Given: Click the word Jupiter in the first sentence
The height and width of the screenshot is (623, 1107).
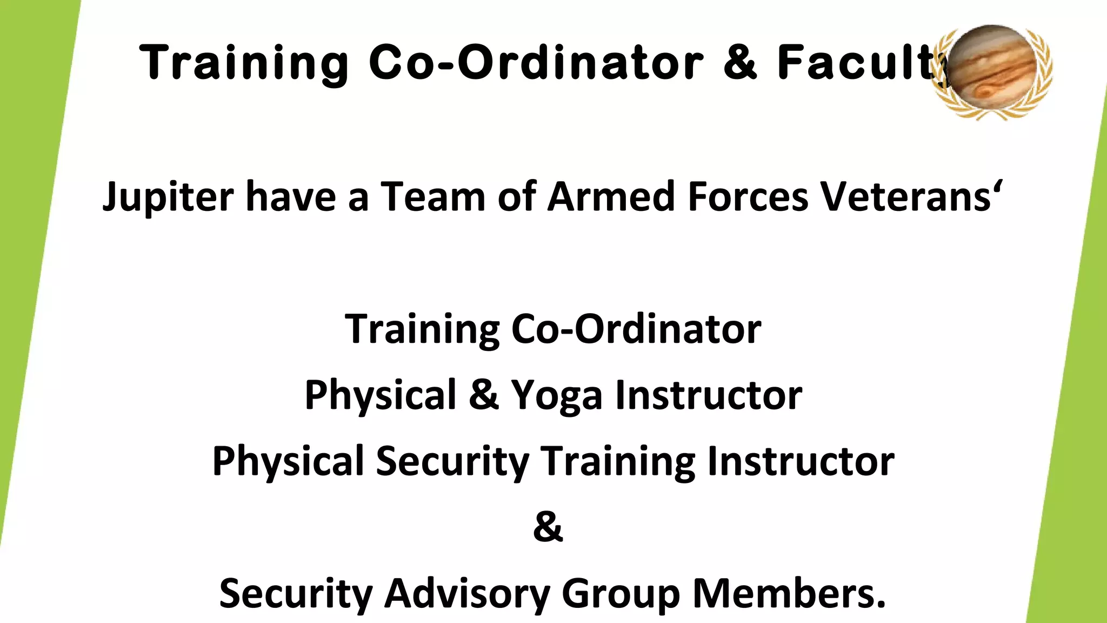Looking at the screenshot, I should tap(168, 197).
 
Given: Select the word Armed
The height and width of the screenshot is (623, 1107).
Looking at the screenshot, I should tap(611, 197).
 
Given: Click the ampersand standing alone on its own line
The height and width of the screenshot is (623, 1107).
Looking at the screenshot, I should tap(548, 527).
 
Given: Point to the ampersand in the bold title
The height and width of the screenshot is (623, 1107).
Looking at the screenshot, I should tap(741, 63).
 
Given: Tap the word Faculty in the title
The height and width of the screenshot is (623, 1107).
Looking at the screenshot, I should tap(859, 63).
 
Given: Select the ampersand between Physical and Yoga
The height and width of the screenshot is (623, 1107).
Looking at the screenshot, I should tap(484, 395).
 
